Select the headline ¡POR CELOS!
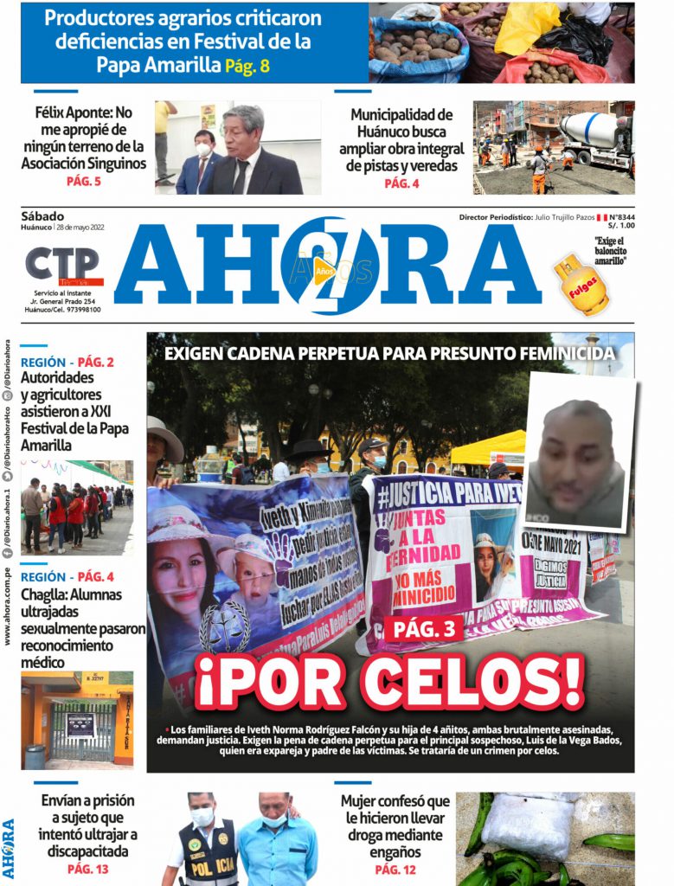(x=389, y=683)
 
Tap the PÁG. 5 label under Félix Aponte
(x=84, y=182)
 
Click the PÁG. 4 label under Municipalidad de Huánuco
(x=401, y=183)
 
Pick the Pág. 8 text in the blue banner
(x=252, y=66)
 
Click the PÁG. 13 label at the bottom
(x=87, y=869)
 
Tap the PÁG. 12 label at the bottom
(x=396, y=869)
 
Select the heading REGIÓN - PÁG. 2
(x=67, y=362)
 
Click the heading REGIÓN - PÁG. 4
(x=67, y=576)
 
